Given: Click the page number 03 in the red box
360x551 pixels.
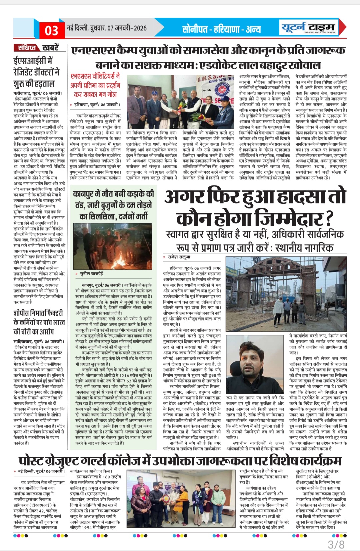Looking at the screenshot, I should tap(51, 30).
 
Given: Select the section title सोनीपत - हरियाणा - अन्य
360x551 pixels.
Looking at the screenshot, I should tap(221, 29).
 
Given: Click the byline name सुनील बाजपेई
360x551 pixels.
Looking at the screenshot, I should tap(91, 273).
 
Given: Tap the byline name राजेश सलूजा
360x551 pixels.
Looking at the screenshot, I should tap(179, 257).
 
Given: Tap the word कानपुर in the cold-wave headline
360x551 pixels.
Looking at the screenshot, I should tap(87, 194).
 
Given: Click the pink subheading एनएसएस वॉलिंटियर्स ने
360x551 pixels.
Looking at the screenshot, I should tap(95, 76).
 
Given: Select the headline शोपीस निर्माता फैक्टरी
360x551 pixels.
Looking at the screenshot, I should tap(38, 313).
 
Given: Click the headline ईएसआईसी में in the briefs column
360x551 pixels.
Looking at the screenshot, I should tap(33, 61).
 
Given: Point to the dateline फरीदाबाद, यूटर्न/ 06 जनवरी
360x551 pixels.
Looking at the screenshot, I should tap(37, 93).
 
